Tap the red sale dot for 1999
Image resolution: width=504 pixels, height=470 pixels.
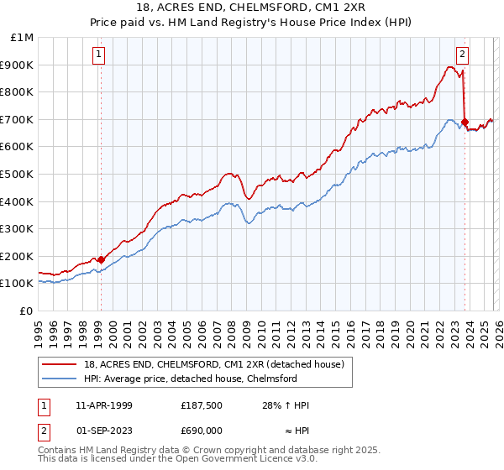pos(101,259)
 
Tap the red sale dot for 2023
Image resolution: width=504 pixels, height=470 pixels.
pos(465,122)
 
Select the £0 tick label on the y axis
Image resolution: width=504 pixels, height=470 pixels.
pos(26,311)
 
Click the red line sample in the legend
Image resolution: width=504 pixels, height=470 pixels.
pos(56,364)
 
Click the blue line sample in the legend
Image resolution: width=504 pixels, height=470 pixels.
pos(56,379)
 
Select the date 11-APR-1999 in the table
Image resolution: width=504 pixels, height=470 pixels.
pos(104,405)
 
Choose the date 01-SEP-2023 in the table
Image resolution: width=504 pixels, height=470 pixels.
pos(104,429)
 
